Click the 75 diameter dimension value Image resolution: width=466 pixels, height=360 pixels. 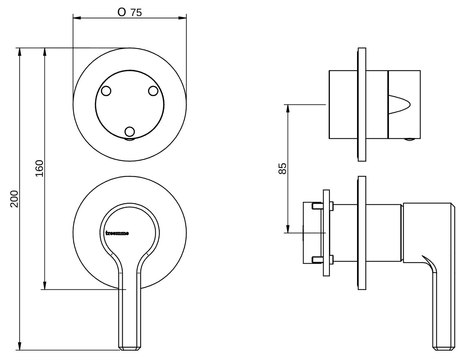pos(136,13)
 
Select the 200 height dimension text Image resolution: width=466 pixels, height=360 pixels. pos(15,199)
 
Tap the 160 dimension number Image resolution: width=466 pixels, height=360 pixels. pos(39,168)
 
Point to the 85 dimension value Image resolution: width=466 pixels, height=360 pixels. pos(283,169)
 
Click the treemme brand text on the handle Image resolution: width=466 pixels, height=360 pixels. pos(117,233)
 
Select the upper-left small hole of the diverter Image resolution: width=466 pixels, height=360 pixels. pos(106,91)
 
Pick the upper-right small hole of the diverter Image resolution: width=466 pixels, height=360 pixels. pos(153,91)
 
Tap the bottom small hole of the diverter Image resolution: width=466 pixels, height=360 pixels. pos(130,131)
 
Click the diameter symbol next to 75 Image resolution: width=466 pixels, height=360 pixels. pos(122,13)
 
